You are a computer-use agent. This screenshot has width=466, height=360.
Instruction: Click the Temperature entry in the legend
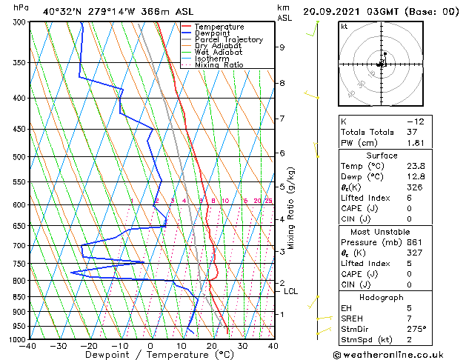coord(219,27)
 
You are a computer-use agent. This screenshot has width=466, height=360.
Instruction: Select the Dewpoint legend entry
coord(215,33)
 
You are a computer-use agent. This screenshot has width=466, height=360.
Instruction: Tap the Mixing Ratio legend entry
coord(219,65)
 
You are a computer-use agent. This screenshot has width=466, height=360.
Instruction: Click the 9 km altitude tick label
coord(282,47)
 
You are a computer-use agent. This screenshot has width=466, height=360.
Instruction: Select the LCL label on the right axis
coord(290,292)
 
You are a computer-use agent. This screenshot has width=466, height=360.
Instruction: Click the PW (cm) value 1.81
coord(414,143)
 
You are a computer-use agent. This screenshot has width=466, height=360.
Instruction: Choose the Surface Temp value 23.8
coord(416,167)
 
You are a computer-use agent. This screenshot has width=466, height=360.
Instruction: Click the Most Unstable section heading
coord(382,232)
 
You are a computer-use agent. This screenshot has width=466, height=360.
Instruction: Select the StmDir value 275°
coord(416,329)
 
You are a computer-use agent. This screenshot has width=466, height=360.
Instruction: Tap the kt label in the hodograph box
coord(344,27)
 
